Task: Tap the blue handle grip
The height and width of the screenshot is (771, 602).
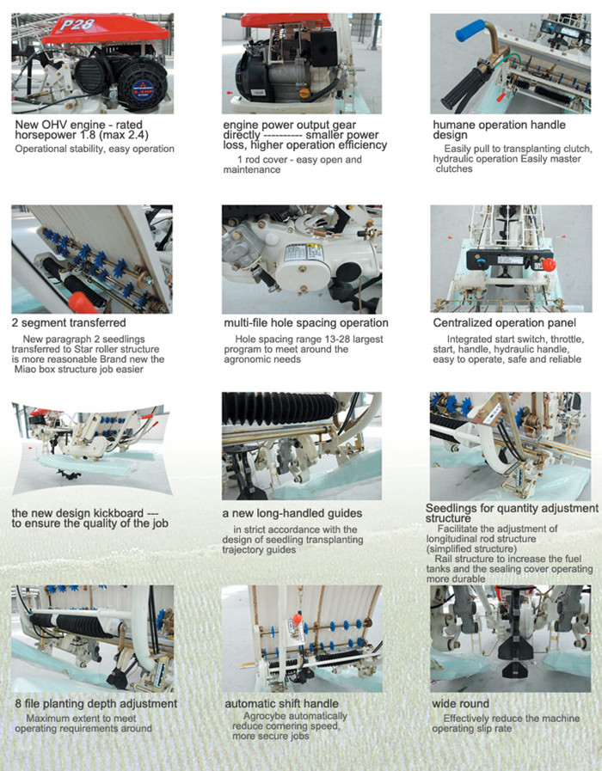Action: point(470,30)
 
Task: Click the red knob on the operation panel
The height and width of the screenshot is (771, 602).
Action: point(549,265)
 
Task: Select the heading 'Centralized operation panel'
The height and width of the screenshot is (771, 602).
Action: point(504,323)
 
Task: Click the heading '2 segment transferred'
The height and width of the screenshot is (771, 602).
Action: point(69,323)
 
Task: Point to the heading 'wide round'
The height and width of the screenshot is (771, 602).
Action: point(460,704)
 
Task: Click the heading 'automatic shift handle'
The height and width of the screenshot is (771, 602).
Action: point(281,704)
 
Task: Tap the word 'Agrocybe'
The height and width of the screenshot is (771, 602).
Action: point(263,716)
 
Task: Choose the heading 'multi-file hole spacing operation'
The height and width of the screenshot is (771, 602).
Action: point(306,323)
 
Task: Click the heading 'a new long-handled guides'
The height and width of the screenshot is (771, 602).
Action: point(292,513)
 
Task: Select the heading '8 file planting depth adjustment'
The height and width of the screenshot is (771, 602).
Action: point(96,704)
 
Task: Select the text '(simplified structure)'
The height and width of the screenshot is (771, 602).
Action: point(471,548)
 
